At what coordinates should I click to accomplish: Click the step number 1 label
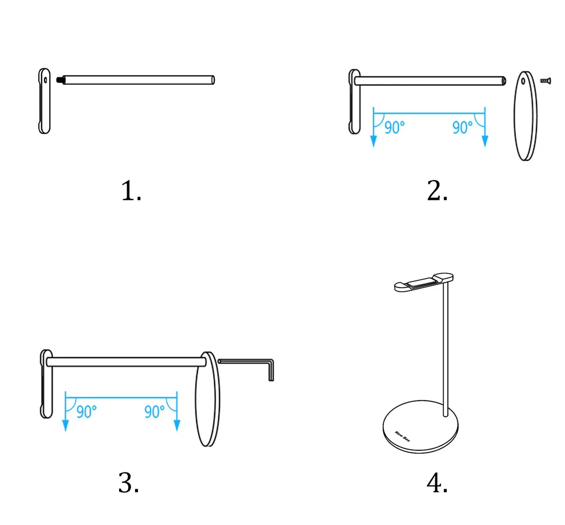coord(131,191)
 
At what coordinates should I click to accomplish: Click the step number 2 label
coord(437,191)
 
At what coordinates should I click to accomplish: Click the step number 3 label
coord(129,482)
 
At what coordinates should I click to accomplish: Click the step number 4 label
coord(437,482)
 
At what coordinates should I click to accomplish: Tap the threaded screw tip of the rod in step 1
coord(60,80)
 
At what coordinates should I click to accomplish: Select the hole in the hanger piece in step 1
coord(46,80)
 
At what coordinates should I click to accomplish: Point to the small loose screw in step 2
coord(545,81)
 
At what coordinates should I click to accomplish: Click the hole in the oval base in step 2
coord(523,81)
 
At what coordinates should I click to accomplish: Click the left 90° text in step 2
coord(395,127)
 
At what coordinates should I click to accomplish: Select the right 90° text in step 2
coord(462,127)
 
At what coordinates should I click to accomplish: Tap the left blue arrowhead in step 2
coord(373,141)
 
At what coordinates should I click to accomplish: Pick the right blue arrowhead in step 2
coord(485,141)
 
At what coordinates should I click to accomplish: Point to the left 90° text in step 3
coord(87,412)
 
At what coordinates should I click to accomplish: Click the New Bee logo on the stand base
coord(402,436)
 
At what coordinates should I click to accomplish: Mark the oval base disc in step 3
coord(208,399)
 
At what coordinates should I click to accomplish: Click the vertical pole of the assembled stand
coord(446,350)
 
